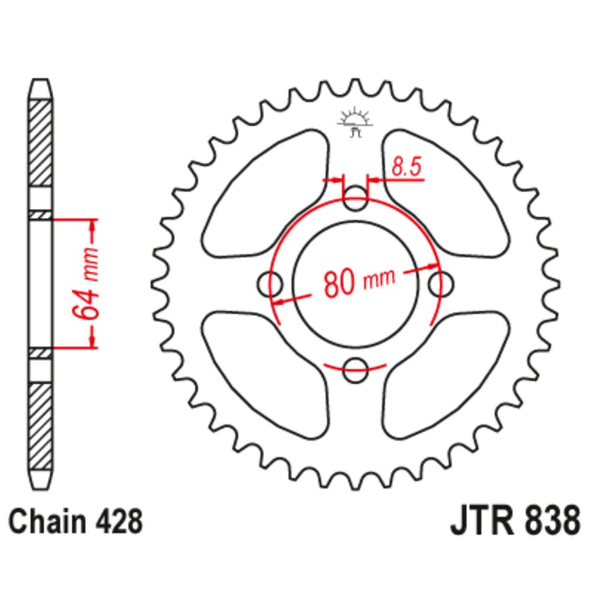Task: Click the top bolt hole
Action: [x=355, y=199]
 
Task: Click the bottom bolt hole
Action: [x=355, y=370]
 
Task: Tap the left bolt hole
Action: [x=269, y=284]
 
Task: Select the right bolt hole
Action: [x=442, y=284]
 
